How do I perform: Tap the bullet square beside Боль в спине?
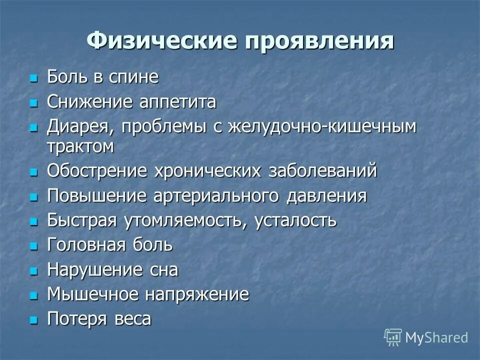tap(34, 79)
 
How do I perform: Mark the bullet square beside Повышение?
tap(34, 197)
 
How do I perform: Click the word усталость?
tap(296, 221)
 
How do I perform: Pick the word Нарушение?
tap(94, 270)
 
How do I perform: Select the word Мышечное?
tap(93, 294)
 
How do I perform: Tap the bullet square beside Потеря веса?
tap(34, 320)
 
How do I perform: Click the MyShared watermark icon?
tap(393, 337)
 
